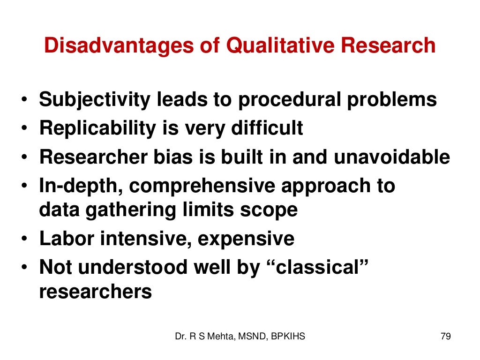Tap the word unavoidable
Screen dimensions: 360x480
(x=391, y=157)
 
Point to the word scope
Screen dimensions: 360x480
(x=272, y=210)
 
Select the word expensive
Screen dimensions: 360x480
(x=246, y=239)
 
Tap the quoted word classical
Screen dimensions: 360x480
(x=316, y=267)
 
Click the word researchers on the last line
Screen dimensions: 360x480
(x=96, y=292)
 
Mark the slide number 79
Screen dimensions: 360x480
(x=446, y=336)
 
